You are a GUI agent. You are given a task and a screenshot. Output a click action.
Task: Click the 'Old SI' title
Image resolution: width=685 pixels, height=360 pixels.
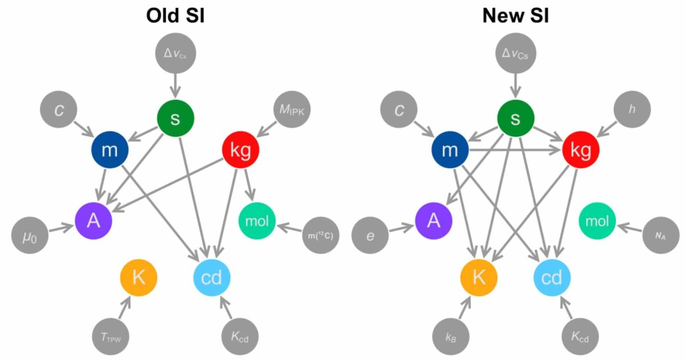click(175, 16)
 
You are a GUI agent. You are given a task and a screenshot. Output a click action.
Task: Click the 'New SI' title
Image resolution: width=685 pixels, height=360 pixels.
click(515, 16)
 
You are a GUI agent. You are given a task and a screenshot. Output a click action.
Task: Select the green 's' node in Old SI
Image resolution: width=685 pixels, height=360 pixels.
click(176, 118)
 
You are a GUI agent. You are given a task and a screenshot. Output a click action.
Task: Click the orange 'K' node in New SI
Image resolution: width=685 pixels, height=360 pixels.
click(479, 278)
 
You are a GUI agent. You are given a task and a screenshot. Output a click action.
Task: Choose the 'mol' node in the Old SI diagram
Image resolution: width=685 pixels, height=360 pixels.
click(257, 221)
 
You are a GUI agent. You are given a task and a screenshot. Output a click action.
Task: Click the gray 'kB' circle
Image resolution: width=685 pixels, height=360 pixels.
click(451, 337)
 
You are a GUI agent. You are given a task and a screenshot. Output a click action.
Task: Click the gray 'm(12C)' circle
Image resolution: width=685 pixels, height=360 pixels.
click(321, 234)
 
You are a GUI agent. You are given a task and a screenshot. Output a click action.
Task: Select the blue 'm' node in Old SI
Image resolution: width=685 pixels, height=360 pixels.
click(110, 151)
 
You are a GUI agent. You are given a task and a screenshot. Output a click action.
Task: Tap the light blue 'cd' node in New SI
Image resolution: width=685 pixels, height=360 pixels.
click(552, 278)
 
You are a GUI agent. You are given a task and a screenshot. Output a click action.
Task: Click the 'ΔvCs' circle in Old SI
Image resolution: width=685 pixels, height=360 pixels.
click(175, 54)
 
